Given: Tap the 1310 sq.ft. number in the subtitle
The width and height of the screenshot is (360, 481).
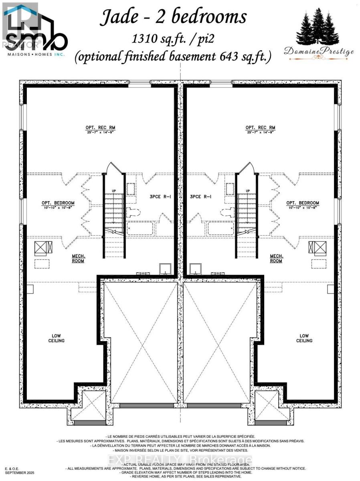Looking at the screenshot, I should pyautogui.click(x=152, y=39).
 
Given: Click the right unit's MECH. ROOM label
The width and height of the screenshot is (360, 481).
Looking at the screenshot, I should pyautogui.click(x=276, y=258).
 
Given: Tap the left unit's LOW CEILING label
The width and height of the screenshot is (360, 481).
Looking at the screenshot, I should pyautogui.click(x=58, y=338).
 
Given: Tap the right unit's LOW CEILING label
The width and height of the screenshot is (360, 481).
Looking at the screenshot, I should pyautogui.click(x=304, y=338).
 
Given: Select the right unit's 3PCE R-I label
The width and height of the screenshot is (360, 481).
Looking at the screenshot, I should pyautogui.click(x=201, y=197).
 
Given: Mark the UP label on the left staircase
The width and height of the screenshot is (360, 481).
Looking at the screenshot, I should pyautogui.click(x=113, y=191).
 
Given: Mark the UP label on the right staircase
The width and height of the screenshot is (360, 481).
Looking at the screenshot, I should pyautogui.click(x=247, y=191).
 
